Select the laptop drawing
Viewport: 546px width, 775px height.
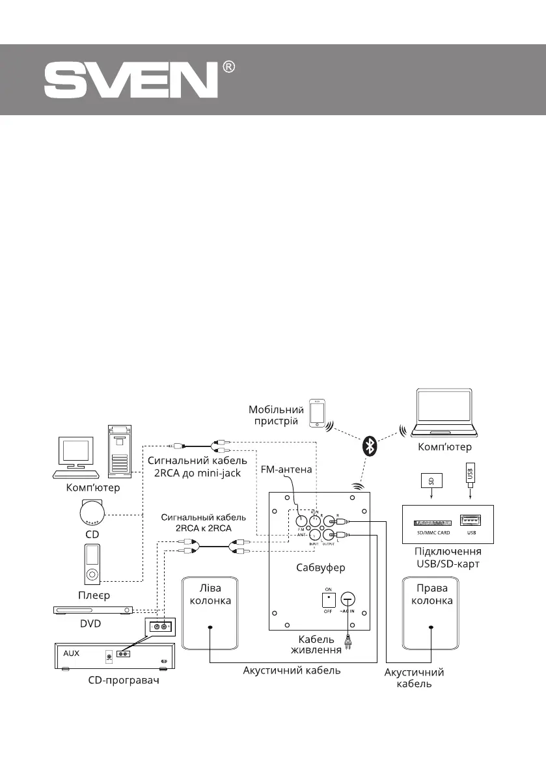tap(447, 413)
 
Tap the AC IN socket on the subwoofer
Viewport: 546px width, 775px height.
tap(348, 600)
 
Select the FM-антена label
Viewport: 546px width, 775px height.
tap(287, 469)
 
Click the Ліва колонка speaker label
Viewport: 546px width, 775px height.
tap(210, 594)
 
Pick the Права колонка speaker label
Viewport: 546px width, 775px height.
tap(431, 594)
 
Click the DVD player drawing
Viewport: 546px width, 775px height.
tap(93, 610)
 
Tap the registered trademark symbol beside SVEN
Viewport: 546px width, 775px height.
tap(228, 68)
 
